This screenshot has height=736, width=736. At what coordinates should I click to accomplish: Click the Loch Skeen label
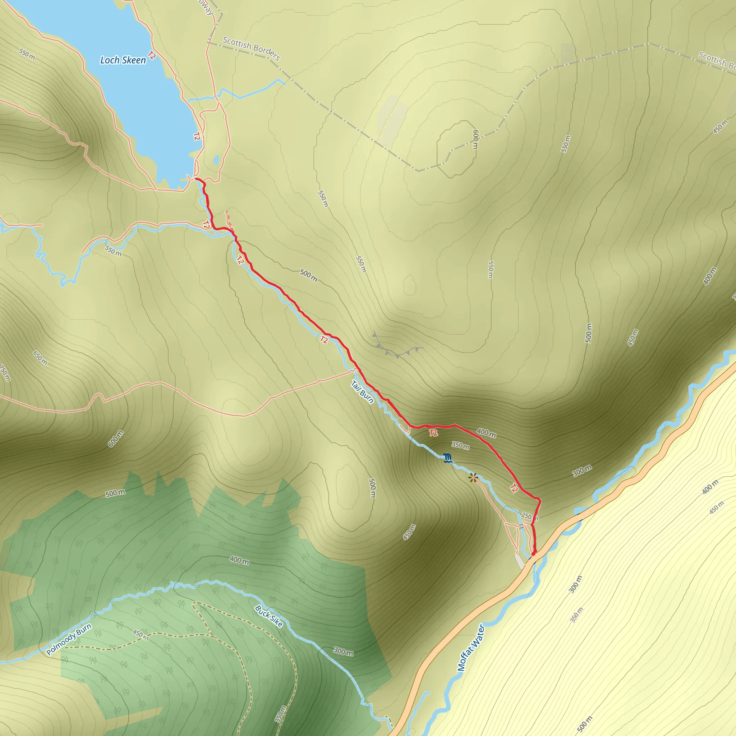123,60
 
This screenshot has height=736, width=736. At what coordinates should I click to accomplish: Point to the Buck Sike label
268,616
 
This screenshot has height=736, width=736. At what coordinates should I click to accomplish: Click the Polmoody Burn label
69,640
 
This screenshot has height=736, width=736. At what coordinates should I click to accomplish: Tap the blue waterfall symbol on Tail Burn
448,458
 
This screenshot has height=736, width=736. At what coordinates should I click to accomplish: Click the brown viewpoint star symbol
473,478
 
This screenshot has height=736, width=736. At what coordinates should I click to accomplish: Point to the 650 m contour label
40,358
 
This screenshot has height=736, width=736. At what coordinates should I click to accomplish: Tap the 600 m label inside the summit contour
475,139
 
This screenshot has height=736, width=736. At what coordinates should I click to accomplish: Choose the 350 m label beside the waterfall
460,445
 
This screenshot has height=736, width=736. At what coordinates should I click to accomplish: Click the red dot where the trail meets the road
534,553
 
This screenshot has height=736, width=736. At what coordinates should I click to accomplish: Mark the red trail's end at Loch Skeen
196,178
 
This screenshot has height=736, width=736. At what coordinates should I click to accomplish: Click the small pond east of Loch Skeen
216,160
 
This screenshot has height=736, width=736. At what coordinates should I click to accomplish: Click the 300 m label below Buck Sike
343,652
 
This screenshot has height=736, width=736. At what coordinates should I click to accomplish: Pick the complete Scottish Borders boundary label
252,49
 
